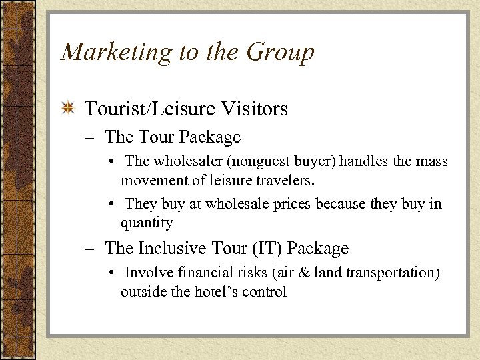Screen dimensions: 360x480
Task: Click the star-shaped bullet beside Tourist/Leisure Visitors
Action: click(x=68, y=109)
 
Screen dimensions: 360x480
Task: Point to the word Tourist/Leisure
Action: click(x=148, y=109)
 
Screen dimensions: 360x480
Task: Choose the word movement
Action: click(x=151, y=179)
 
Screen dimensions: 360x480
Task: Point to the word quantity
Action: click(x=147, y=223)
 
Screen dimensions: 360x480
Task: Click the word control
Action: click(x=265, y=291)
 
